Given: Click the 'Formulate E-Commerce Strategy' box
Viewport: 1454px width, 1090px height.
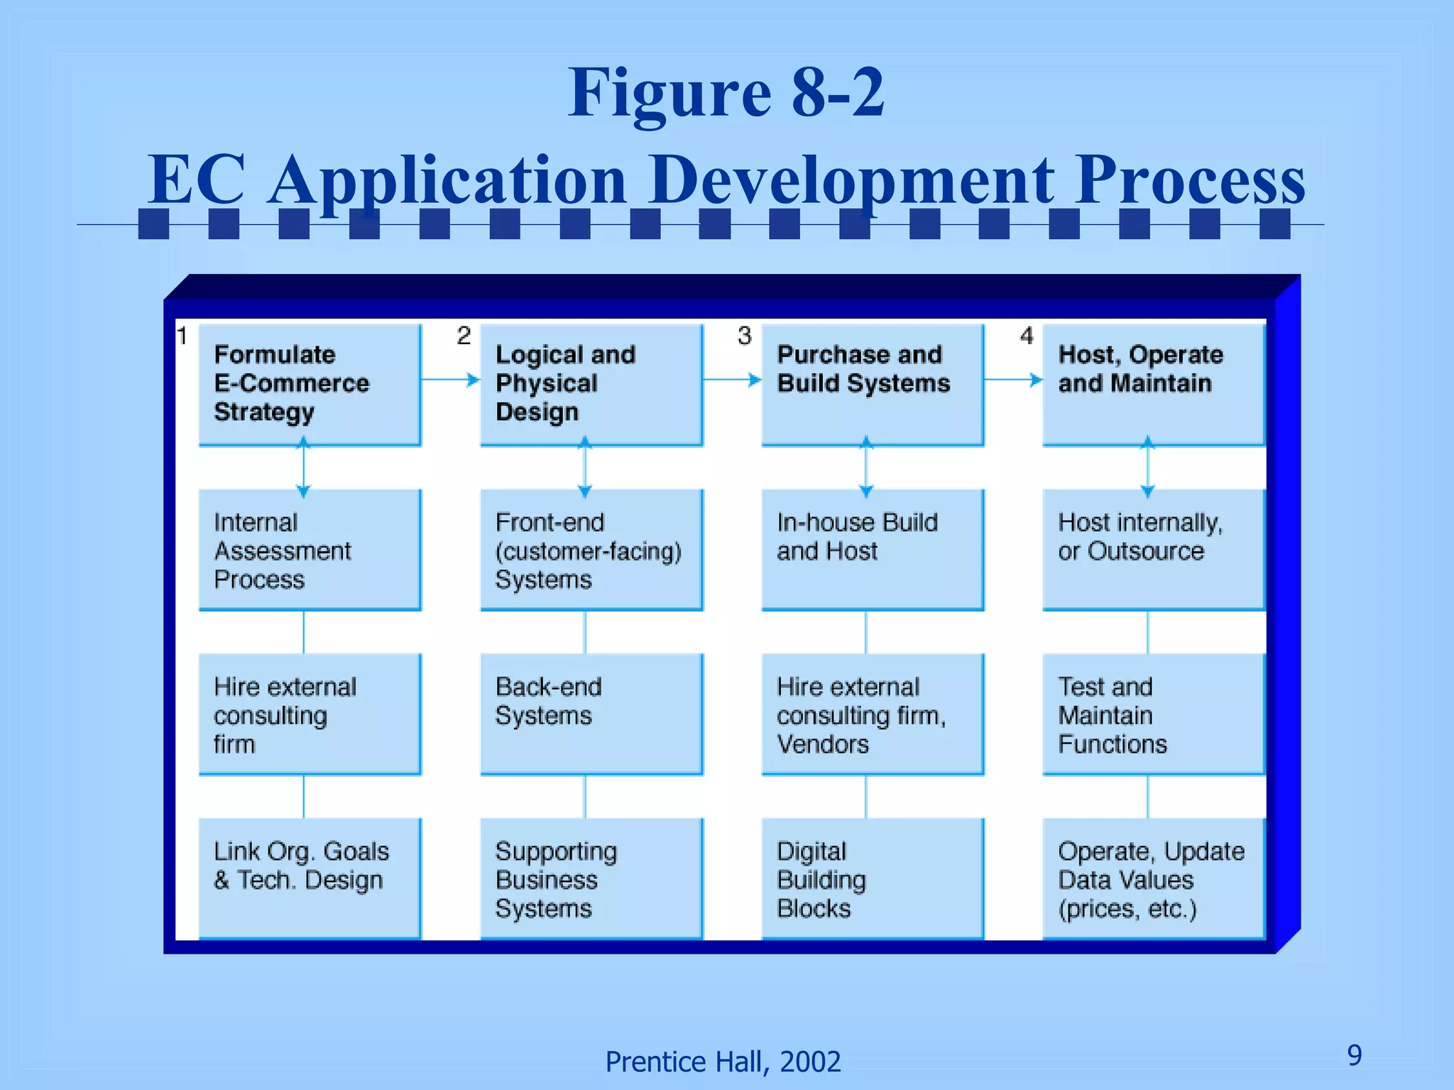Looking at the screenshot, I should [310, 385].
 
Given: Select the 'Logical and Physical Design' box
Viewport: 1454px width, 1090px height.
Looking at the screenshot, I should [591, 385].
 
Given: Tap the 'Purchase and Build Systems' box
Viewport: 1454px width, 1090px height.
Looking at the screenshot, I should [872, 385].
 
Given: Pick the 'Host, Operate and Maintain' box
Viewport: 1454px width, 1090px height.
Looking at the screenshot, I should [1153, 385].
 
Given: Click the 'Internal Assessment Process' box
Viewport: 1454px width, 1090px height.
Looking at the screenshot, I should [310, 550].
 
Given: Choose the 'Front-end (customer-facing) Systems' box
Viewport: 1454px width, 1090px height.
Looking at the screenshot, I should [591, 550].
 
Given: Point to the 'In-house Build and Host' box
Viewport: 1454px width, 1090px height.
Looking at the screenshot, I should [872, 550].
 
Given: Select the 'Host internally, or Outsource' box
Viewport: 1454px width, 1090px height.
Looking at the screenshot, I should [1153, 550].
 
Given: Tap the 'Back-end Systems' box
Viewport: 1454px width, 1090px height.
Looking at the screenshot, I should [591, 714].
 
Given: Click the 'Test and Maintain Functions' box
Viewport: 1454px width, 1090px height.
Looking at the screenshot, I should [1153, 714].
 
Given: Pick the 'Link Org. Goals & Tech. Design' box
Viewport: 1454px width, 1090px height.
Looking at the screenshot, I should [310, 879].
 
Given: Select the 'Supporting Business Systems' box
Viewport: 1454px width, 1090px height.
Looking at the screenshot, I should [591, 879].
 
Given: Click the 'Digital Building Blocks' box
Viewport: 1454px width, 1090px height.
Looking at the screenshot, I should [872, 879].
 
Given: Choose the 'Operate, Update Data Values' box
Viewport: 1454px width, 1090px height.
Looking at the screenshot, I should [1153, 879].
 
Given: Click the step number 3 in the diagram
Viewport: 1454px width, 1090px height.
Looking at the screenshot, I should [744, 335].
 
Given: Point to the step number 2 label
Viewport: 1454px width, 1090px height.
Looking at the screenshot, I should [464, 335].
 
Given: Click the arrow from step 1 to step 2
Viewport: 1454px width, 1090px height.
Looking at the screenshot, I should [451, 380].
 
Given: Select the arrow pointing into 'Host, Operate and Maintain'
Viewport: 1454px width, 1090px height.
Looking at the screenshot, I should [1014, 380].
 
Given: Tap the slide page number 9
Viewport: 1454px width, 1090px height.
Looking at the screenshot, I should [1355, 1055].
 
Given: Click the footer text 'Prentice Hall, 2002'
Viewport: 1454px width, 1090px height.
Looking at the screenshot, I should [723, 1062].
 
